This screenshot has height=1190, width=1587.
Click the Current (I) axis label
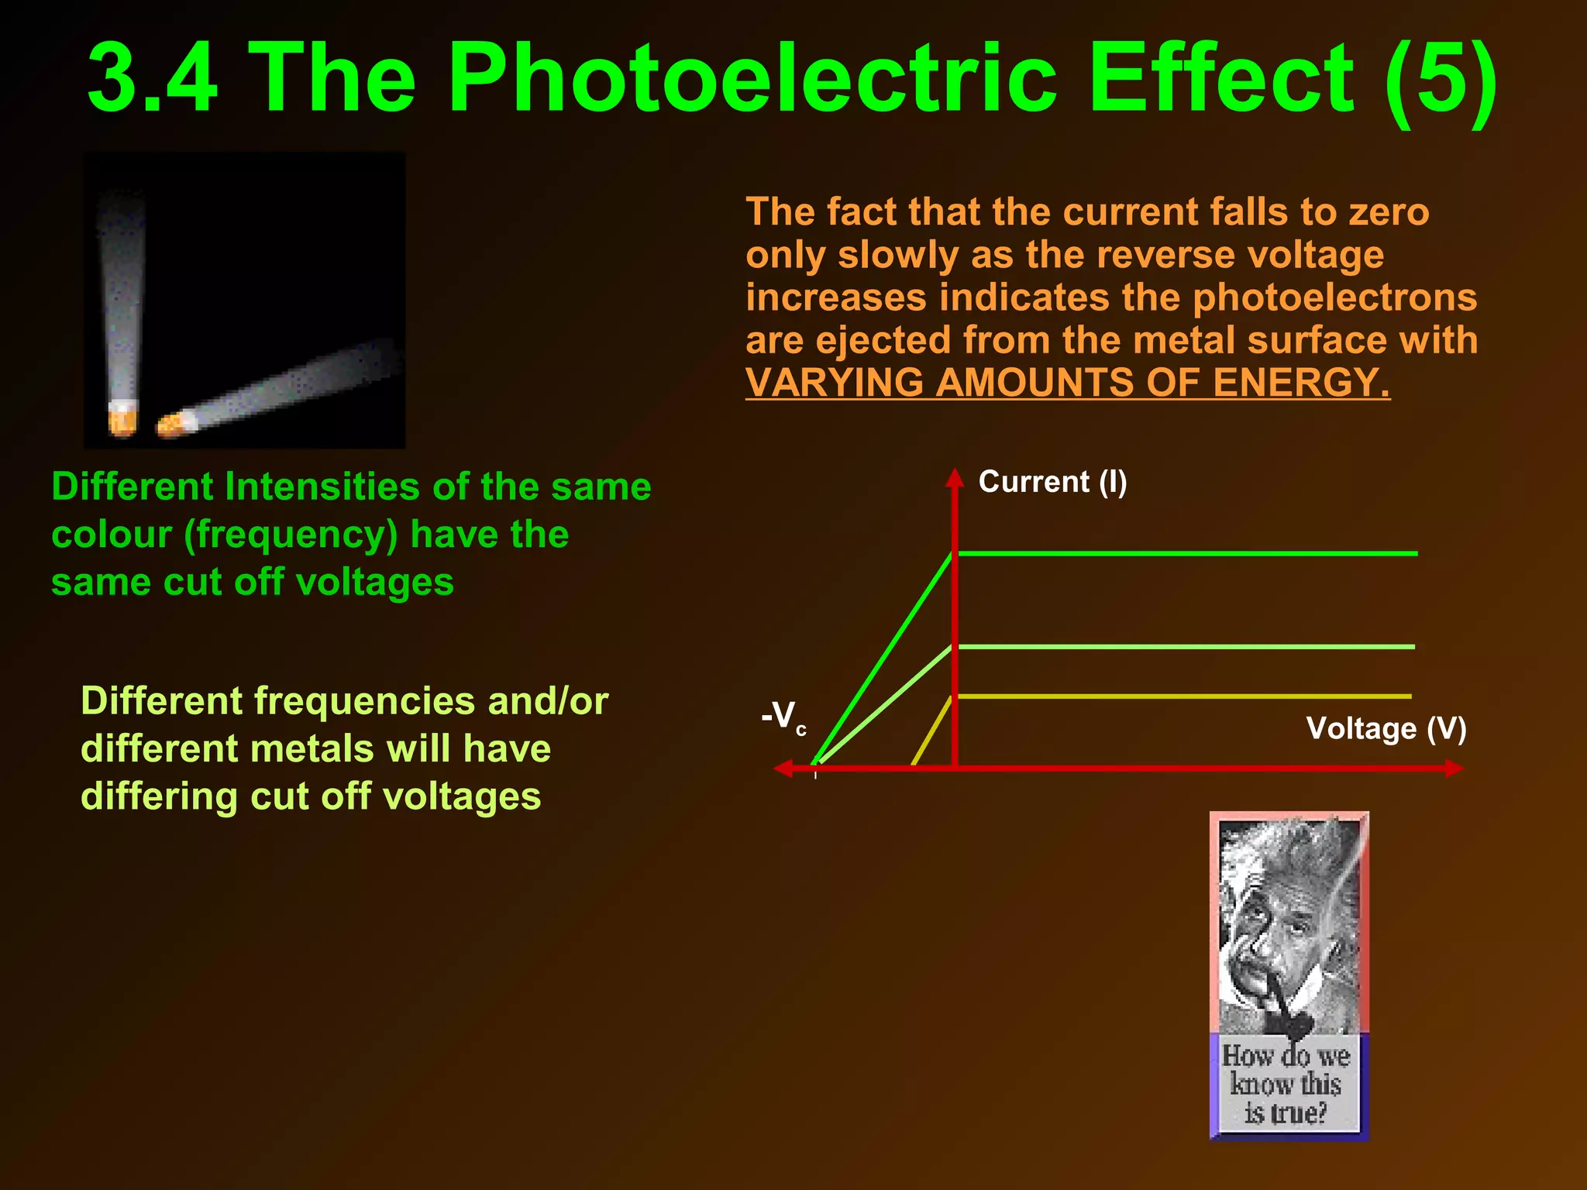click(1052, 482)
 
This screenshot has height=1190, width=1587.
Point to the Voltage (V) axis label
click(1386, 728)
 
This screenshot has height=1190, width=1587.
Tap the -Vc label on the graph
click(783, 716)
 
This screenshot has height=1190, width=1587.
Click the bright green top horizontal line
click(1186, 553)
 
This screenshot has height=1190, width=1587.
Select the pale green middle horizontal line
click(1186, 646)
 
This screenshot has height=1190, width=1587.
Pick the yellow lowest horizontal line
click(1186, 696)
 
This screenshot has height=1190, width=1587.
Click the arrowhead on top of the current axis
click(955, 477)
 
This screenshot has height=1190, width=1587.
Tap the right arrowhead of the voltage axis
click(1454, 769)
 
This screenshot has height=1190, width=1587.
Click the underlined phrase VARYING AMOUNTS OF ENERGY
click(1067, 383)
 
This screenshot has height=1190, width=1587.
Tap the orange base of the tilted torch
click(176, 424)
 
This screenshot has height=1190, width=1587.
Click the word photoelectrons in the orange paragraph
click(1334, 297)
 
